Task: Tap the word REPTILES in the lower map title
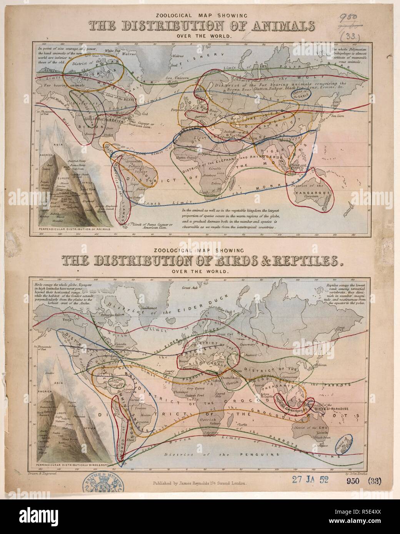tap(298, 261)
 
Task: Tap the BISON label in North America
tap(90, 125)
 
